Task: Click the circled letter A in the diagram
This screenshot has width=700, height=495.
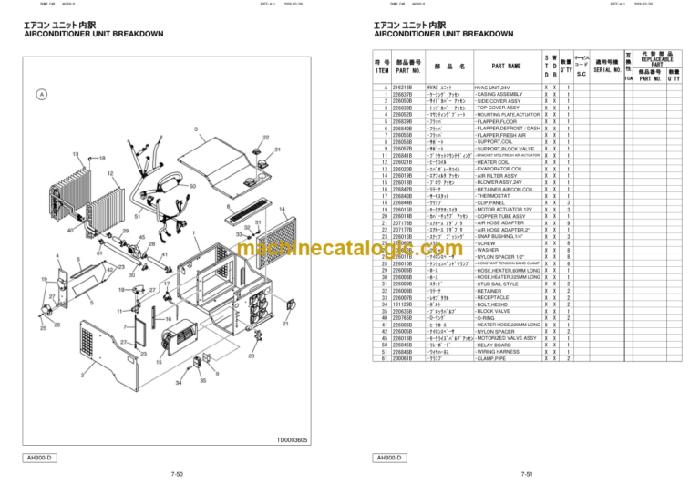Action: tap(41, 94)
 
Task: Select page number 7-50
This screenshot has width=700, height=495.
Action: tap(176, 474)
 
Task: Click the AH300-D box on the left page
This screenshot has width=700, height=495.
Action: tap(41, 457)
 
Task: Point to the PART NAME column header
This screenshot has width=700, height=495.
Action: tap(505, 66)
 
